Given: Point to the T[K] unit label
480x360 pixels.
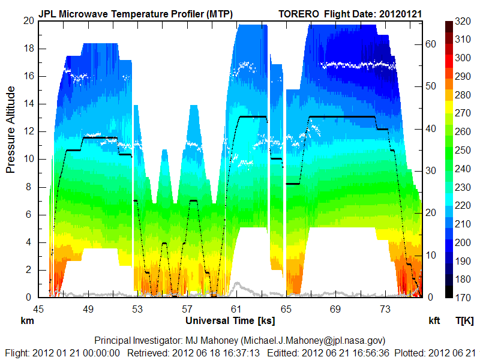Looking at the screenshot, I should [464, 321].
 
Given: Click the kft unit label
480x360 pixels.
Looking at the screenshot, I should [434, 321].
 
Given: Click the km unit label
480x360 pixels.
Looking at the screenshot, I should [27, 321].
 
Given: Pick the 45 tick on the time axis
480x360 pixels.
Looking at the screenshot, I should [39, 309].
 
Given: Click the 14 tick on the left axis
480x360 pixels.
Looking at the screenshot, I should [28, 104].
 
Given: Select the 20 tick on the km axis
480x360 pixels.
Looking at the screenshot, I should [28, 20].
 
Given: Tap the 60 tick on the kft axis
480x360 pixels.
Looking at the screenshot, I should [430, 43].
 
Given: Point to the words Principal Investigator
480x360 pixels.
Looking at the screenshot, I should [139, 340].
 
